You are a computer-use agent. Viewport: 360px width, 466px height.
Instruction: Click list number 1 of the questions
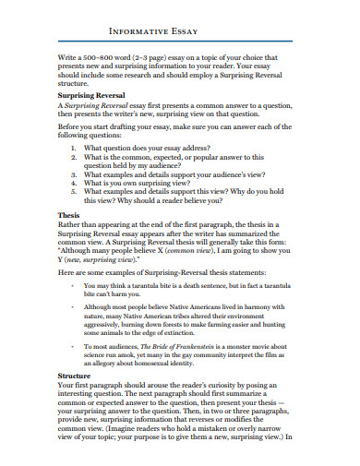(74, 148)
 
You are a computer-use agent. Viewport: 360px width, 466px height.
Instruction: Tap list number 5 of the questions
(74, 192)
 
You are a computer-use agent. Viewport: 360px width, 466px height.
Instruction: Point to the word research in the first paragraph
(166, 78)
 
